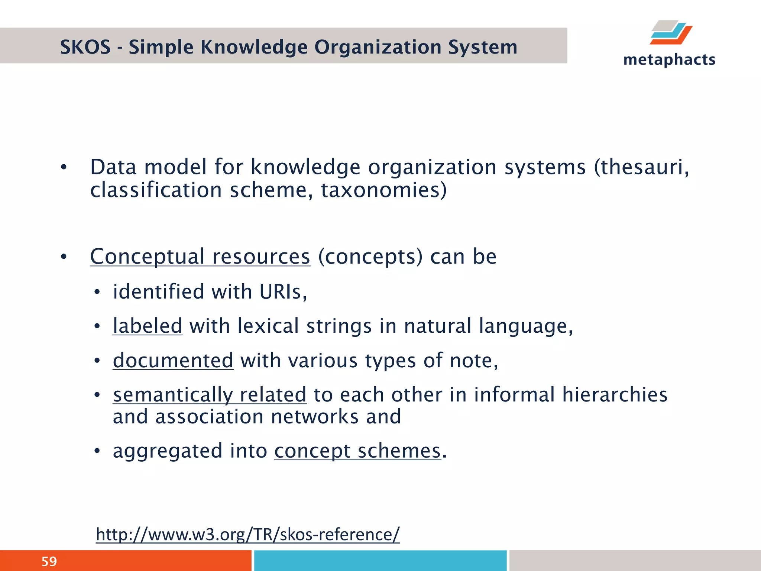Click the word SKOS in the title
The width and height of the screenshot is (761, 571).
point(85,47)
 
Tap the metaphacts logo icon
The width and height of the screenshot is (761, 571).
point(671,33)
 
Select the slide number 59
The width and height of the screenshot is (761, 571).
point(49,561)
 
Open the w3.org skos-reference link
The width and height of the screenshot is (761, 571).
point(247,534)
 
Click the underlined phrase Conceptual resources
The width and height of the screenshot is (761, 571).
point(200,257)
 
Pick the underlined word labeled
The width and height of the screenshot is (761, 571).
point(148,326)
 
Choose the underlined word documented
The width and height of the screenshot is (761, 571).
point(173,361)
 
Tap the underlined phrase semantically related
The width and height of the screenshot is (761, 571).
point(210,395)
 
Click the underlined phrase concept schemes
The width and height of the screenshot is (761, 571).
point(357,451)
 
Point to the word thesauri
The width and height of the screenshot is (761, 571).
point(644,167)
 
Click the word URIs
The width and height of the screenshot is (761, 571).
point(283,292)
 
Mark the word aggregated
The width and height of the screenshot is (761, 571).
point(168,451)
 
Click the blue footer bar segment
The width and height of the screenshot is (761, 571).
point(380,561)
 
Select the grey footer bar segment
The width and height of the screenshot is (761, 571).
point(635,561)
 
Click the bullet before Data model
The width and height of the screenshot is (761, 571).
point(64,168)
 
